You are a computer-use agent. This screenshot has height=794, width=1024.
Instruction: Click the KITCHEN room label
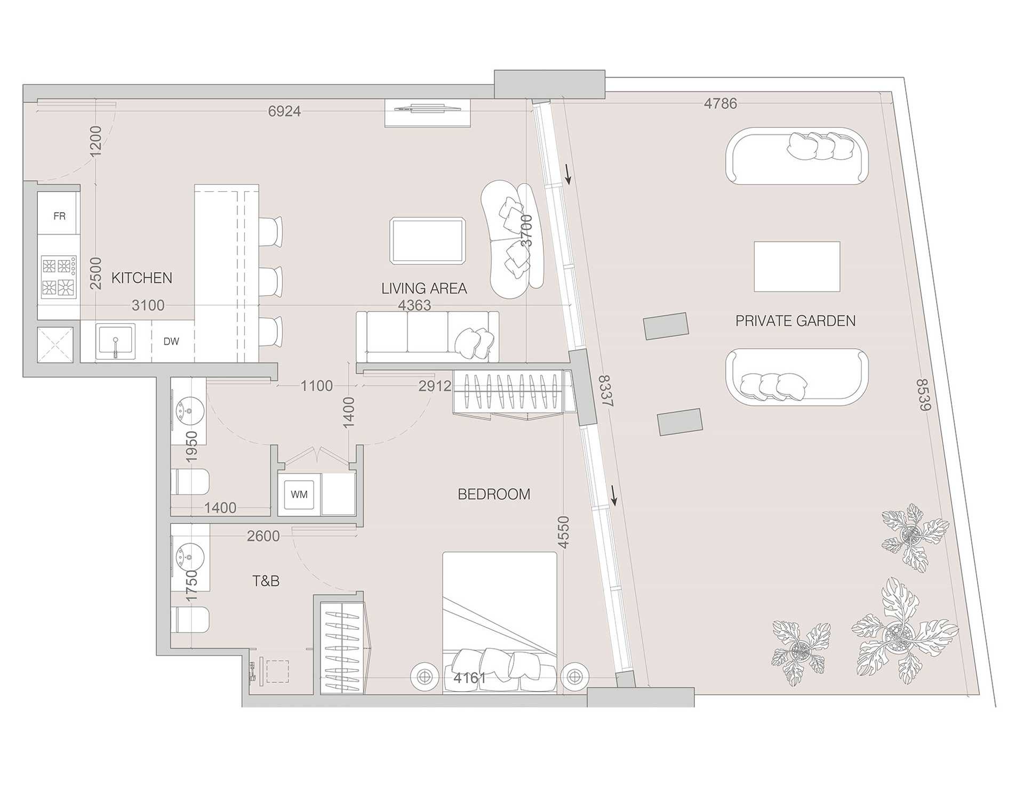click(142, 278)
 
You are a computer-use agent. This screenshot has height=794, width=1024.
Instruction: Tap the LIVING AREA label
click(424, 288)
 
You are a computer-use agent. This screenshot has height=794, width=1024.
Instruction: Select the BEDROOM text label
click(494, 494)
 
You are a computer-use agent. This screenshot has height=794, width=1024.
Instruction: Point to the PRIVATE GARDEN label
click(795, 321)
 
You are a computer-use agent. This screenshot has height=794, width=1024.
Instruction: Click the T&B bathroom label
click(266, 581)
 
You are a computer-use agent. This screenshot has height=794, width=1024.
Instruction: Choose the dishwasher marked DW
click(172, 342)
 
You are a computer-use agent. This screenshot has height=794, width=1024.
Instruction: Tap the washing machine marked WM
click(299, 495)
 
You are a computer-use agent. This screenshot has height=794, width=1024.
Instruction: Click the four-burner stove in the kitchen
click(59, 277)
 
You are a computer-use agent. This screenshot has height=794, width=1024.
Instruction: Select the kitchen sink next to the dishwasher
click(115, 341)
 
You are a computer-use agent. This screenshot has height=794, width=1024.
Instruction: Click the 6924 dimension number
click(284, 111)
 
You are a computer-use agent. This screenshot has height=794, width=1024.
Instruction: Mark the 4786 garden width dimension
click(721, 103)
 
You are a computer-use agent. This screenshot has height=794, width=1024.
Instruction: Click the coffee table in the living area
click(427, 240)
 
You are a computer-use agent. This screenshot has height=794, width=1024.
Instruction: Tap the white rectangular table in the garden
click(797, 266)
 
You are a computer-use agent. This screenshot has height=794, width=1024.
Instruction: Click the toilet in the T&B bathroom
click(190, 619)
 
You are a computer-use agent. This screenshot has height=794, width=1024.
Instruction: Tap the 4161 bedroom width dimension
click(469, 678)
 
